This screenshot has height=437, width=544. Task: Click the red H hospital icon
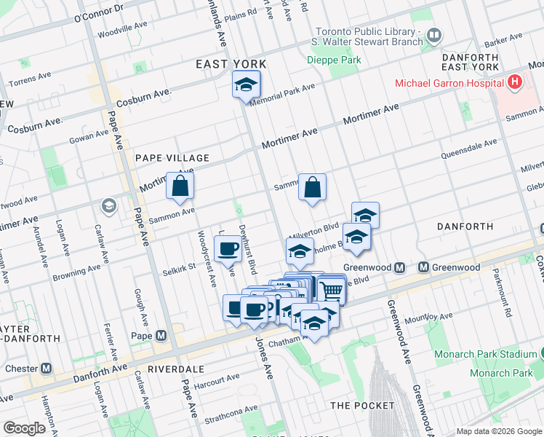[516, 82]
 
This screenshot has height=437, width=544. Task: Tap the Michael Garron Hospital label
[449, 83]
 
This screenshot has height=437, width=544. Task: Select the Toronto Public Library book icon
[433, 34]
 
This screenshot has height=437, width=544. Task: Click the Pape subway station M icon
[161, 336]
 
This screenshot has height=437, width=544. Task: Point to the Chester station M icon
[47, 368]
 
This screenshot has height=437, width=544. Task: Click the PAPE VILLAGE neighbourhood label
[172, 158]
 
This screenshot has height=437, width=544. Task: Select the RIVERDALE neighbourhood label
[175, 369]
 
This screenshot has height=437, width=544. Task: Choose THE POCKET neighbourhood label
[362, 405]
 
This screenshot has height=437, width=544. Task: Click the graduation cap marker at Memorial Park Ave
[247, 85]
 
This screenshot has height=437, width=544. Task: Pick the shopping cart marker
[331, 290]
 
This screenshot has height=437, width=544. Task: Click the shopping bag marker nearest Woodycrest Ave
[180, 186]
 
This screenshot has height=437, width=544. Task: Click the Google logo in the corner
[24, 428]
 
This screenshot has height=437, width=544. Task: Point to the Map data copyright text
[499, 431]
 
